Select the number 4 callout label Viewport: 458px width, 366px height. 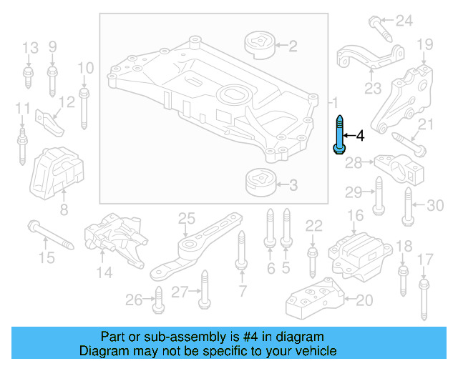coord(360,135)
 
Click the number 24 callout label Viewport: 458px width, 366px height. coord(405,20)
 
